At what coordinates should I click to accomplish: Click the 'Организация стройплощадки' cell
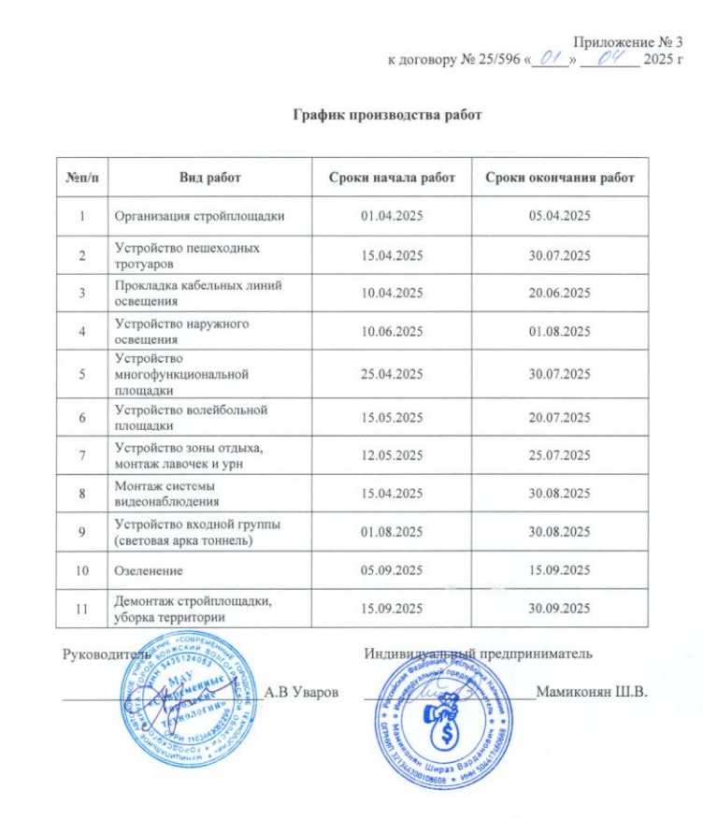pos(199,217)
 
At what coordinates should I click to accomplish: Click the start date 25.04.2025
pos(392,374)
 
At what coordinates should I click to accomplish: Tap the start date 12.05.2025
pos(392,455)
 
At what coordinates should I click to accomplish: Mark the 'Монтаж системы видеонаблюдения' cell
pos(174,494)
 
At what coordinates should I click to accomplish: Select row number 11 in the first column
pos(85,610)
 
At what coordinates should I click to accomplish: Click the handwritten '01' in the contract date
pos(550,59)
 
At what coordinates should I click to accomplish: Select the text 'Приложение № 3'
pos(636,41)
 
